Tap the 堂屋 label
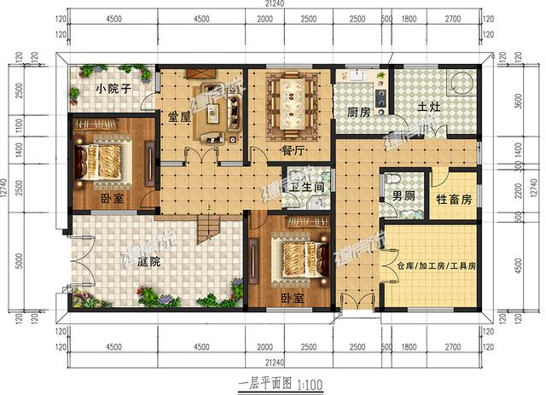179,119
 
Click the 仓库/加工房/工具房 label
436,266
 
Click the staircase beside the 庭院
208,226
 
